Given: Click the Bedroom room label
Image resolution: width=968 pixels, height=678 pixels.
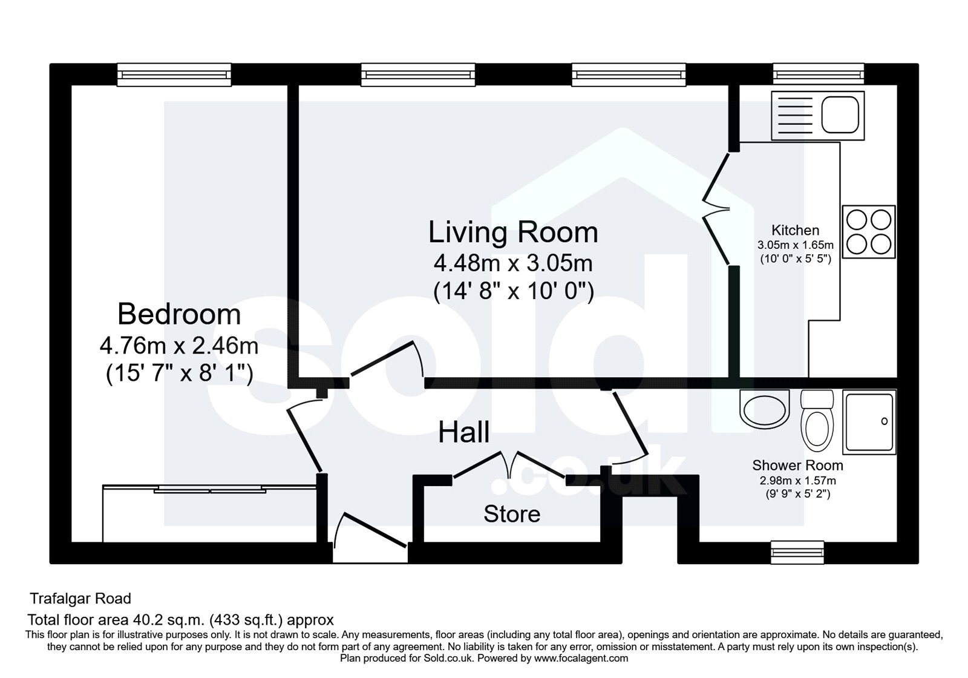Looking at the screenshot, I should [x=179, y=314].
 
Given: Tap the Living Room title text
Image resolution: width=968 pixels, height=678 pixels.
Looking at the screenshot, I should [x=513, y=232].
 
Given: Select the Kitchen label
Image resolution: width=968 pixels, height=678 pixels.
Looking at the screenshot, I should [x=795, y=231].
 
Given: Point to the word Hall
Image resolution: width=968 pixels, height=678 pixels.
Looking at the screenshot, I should [x=463, y=433].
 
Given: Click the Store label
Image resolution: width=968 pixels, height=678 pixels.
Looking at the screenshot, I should [x=512, y=515].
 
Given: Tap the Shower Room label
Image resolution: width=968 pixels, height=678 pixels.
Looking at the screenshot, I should [x=797, y=466].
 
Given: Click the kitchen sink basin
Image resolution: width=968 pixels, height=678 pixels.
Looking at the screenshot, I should [x=840, y=114].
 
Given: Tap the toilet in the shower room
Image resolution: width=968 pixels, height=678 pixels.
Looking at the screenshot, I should [x=817, y=427].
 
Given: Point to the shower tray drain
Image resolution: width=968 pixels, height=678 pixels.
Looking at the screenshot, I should [x=884, y=421].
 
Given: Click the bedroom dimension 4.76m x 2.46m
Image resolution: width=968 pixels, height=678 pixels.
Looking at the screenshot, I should [x=179, y=346].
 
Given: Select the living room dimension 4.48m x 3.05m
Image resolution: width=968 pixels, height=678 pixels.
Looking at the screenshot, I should [x=513, y=264].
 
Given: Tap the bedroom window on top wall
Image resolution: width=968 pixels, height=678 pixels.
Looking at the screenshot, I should [x=174, y=74].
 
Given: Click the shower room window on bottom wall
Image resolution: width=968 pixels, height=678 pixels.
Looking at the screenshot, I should [x=797, y=551].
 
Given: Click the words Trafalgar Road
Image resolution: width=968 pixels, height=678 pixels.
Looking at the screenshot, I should [x=80, y=599].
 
